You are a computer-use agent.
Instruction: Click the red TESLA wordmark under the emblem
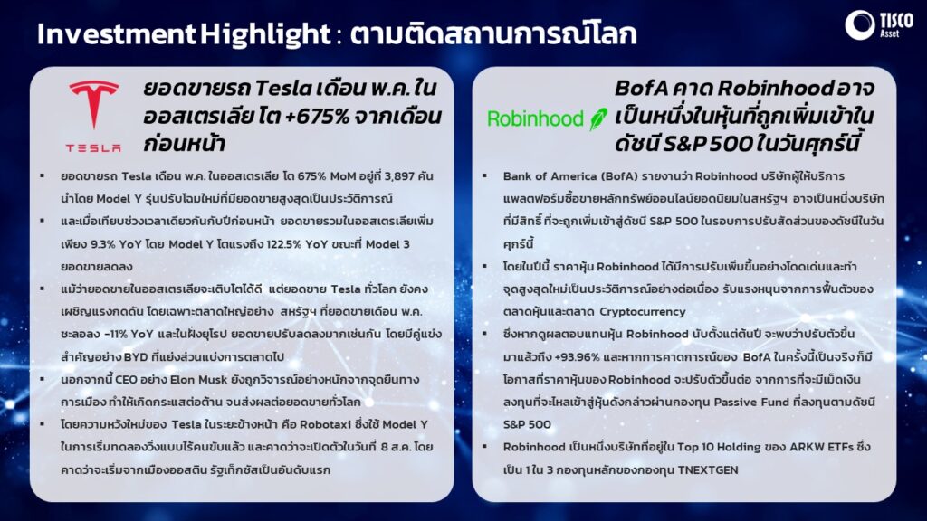pyautogui.click(x=93, y=147)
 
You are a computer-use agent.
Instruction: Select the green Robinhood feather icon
pyautogui.click(x=597, y=118)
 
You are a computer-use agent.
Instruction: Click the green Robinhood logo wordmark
pyautogui.click(x=535, y=118)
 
